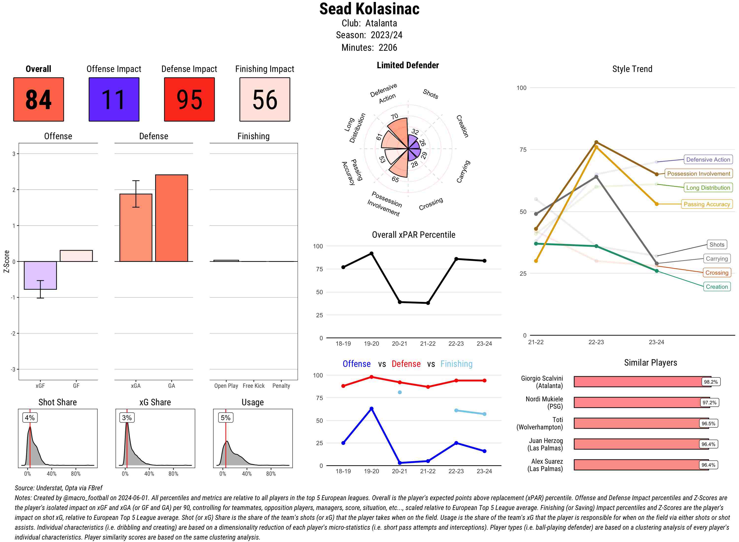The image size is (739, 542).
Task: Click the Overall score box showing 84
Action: pos(38,100)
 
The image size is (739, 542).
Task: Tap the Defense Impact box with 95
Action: pos(189,100)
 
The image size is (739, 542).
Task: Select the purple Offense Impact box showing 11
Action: pos(114,100)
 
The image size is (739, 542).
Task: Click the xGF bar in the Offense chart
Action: pos(40,275)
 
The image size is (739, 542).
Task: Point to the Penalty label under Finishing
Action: pos(281,386)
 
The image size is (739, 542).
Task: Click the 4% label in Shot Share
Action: pos(30,418)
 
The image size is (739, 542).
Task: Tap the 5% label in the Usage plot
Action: pos(226,418)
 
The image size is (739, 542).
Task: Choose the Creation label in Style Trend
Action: pos(717,287)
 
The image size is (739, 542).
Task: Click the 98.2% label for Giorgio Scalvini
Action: pos(710,382)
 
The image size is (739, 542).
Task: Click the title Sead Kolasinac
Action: pos(369,9)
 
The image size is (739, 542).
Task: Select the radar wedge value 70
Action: pos(394,117)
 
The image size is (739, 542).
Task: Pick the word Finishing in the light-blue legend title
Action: pos(456,364)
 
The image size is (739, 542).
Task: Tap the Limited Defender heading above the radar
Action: pos(408,65)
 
